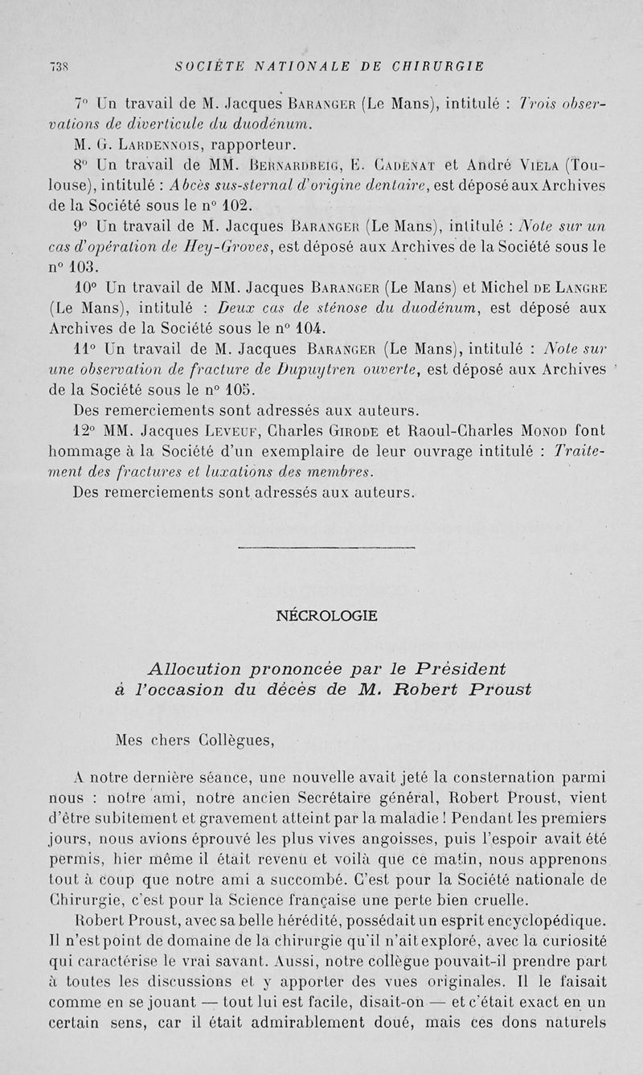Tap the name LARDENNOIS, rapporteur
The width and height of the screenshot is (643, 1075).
pos(154,146)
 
